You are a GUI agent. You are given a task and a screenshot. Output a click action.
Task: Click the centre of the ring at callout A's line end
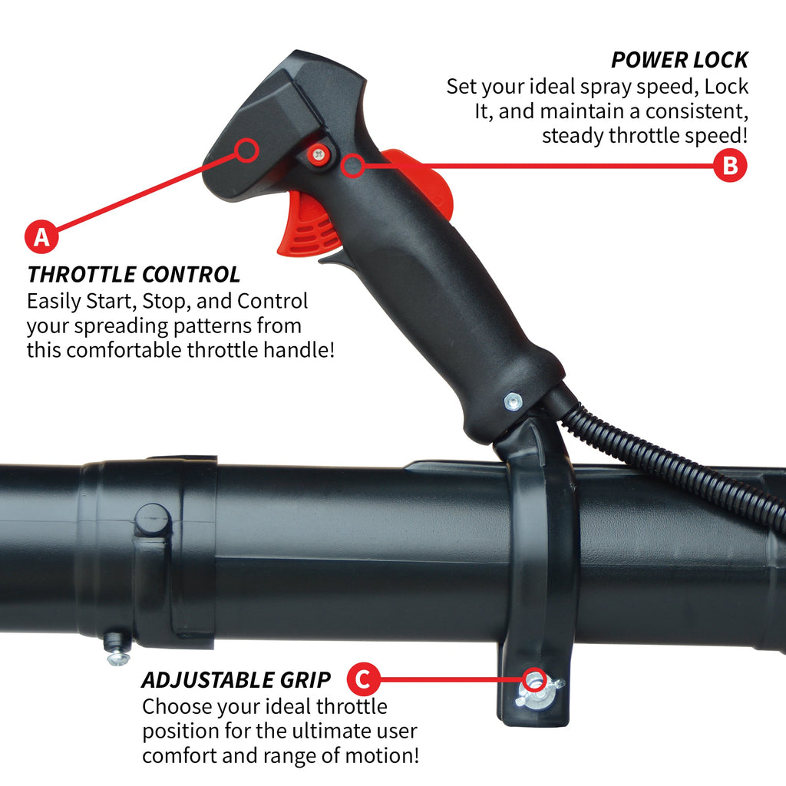click(x=246, y=150)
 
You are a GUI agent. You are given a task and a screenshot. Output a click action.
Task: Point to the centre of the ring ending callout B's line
click(x=353, y=166)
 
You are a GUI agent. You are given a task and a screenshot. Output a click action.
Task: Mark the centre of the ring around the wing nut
click(x=535, y=680)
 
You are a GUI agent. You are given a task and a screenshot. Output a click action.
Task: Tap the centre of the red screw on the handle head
click(x=319, y=154)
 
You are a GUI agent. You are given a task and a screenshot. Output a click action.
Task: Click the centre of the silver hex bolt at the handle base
click(x=512, y=401)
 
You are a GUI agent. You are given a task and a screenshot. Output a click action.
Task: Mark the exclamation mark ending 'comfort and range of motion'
click(x=416, y=756)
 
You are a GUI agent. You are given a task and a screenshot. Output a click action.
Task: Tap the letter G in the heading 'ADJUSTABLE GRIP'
click(x=289, y=680)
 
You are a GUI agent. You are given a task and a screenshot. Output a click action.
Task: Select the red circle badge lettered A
click(x=41, y=236)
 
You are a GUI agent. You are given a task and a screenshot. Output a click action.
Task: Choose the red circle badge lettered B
click(x=731, y=166)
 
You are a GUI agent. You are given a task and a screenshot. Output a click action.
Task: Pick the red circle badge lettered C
click(x=363, y=679)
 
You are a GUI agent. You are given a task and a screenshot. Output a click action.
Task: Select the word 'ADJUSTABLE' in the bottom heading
click(x=207, y=680)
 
